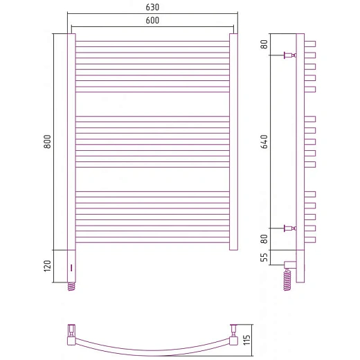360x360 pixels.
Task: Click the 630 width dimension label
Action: point(152,8)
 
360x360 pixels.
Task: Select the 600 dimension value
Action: point(152,21)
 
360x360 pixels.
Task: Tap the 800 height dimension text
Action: point(47,142)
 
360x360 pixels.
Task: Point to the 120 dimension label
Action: point(47,266)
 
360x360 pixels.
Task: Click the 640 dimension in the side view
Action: point(264,142)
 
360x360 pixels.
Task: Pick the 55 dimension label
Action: point(264,258)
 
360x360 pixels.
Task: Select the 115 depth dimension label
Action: point(246,340)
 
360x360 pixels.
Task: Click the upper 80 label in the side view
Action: point(264,44)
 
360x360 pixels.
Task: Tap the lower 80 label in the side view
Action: point(264,239)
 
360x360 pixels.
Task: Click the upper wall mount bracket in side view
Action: point(290,55)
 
